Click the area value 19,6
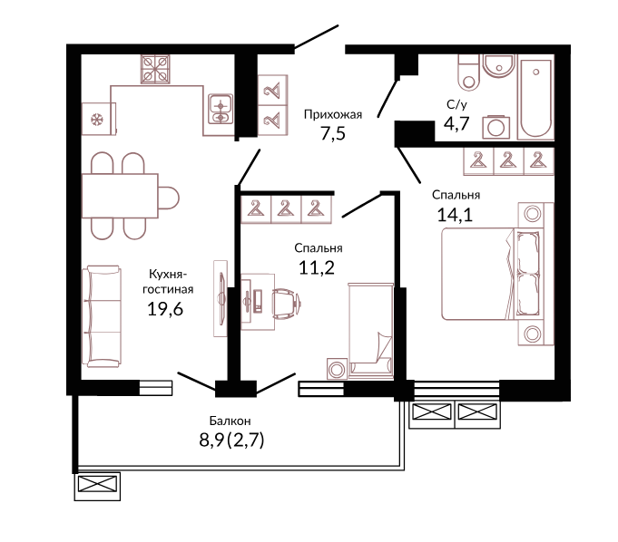pos(165,309)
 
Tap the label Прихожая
pos(333,114)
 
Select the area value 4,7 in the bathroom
pos(456,123)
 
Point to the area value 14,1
pos(455,215)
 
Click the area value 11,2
pos(317,268)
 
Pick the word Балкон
pos(230,421)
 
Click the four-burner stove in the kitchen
pos(155,69)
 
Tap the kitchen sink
pos(221,109)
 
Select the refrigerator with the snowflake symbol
pos(99,119)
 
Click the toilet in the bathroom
pos(468,73)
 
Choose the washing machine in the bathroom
pos(495,127)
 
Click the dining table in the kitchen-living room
pos(120,196)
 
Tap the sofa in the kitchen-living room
pos(102,316)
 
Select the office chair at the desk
pos(286,303)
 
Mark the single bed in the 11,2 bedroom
pos(370,331)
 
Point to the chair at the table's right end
pos(169,198)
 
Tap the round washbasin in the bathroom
pos(499,66)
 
